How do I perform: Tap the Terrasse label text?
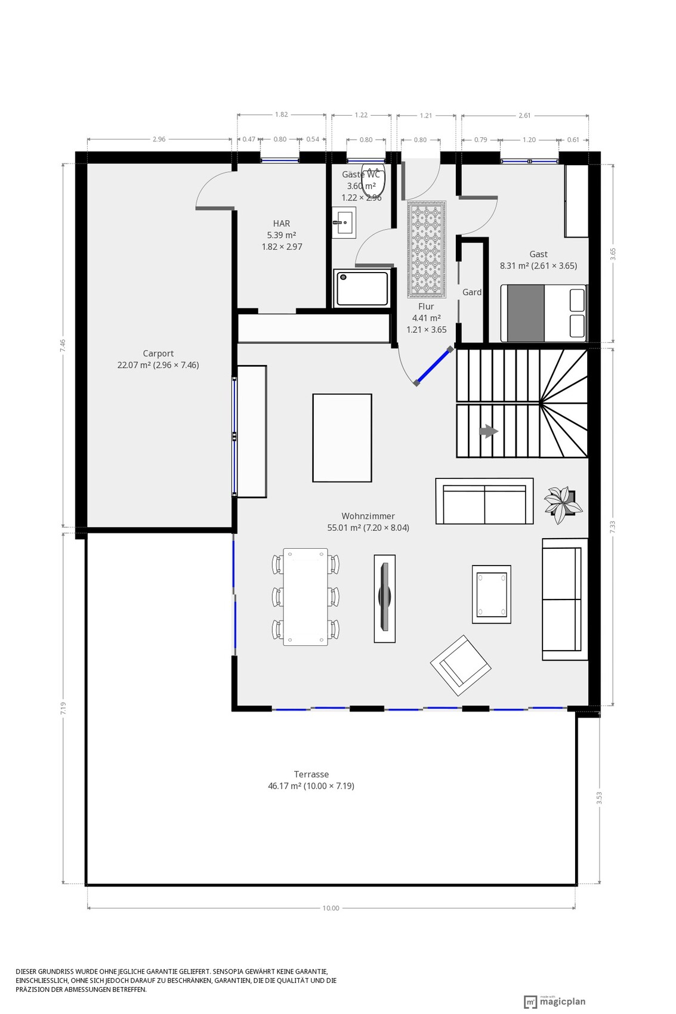tap(311, 774)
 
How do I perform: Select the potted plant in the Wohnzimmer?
tap(563, 505)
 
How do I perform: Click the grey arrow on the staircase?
tap(489, 431)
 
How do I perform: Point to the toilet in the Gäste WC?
tap(373, 184)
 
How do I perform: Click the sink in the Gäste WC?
tap(344, 222)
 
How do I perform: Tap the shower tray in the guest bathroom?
tap(362, 288)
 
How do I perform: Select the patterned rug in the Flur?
tap(426, 249)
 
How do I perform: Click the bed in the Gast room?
tap(544, 313)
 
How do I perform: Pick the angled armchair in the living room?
tap(461, 665)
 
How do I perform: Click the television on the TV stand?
tap(384, 597)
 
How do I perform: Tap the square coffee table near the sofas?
tap(491, 594)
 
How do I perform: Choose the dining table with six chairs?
tap(305, 596)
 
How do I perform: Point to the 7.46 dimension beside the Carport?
tap(63, 345)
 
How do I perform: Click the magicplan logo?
tap(555, 1002)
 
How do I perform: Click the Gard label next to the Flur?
tap(472, 292)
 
